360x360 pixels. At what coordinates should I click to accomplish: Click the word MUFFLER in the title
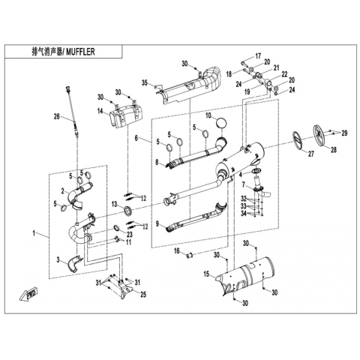[80, 52]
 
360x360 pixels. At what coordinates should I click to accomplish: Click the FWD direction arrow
[28, 294]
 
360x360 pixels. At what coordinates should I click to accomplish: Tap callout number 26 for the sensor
[57, 116]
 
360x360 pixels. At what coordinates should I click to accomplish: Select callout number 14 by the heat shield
[100, 111]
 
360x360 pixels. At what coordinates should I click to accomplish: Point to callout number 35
[145, 82]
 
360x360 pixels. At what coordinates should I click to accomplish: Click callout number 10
[208, 115]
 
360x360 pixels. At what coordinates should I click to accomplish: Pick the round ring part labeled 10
[222, 123]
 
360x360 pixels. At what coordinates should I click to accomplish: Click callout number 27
[311, 154]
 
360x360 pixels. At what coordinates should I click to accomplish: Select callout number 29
[344, 133]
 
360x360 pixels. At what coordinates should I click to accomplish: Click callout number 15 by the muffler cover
[206, 274]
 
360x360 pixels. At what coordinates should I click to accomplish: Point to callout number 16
[177, 250]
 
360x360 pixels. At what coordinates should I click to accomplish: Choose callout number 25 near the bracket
[143, 295]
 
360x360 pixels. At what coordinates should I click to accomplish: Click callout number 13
[114, 205]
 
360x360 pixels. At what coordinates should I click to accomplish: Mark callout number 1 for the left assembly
[34, 233]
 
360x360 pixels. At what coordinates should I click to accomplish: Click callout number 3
[58, 260]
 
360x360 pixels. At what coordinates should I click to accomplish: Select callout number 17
[258, 55]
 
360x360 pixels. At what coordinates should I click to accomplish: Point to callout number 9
[157, 223]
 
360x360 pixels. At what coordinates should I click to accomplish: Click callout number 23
[129, 234]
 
